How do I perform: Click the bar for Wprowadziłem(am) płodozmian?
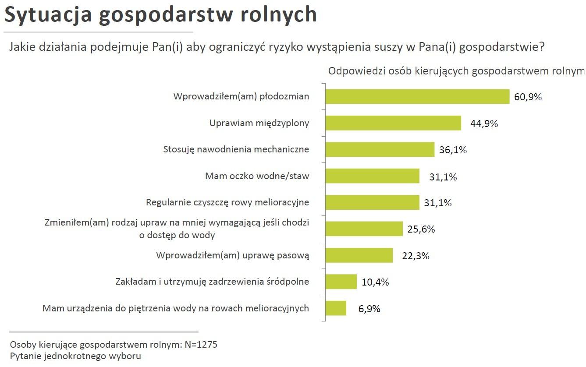pyautogui.click(x=417, y=97)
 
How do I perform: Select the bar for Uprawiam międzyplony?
pyautogui.click(x=393, y=123)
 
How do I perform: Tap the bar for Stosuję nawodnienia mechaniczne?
pyautogui.click(x=380, y=149)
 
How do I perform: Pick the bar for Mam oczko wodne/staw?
pyautogui.click(x=372, y=176)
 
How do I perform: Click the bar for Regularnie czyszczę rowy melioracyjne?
pyautogui.click(x=372, y=202)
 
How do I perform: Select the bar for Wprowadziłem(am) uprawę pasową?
pyautogui.click(x=359, y=255)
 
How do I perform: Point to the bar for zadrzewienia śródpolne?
pyautogui.click(x=341, y=282)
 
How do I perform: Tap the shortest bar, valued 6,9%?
pyautogui.click(x=336, y=308)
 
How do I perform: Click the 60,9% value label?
pyautogui.click(x=528, y=97)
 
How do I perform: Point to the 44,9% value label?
pyautogui.click(x=484, y=124)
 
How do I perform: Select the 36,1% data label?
pyautogui.click(x=453, y=150)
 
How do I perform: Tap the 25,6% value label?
pyautogui.click(x=421, y=229)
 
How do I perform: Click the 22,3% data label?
pyautogui.click(x=416, y=256)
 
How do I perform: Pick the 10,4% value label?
pyautogui.click(x=375, y=282)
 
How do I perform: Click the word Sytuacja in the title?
pyautogui.click(x=48, y=15)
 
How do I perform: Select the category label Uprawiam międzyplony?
pyautogui.click(x=259, y=123)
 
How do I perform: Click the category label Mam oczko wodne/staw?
pyautogui.click(x=257, y=176)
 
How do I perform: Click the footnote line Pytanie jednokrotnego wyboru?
pyautogui.click(x=75, y=356)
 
